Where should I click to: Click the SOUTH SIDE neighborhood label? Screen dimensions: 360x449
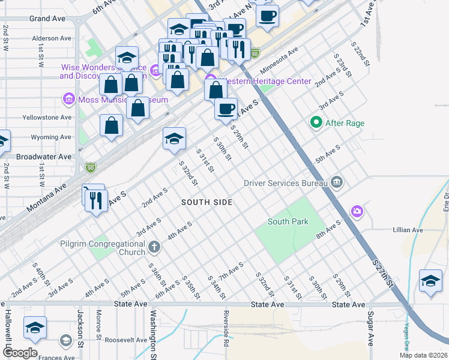tap(207, 203)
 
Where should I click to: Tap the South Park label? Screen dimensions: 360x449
tap(288, 221)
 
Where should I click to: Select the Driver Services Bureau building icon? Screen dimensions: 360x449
tap(337, 182)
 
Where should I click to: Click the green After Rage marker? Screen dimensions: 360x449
tap(315, 123)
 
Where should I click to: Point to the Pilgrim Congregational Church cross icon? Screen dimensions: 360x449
tap(154, 246)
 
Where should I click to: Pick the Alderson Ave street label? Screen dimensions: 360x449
tap(52, 38)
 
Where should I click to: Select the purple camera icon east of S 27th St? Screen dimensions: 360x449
tap(357, 211)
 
